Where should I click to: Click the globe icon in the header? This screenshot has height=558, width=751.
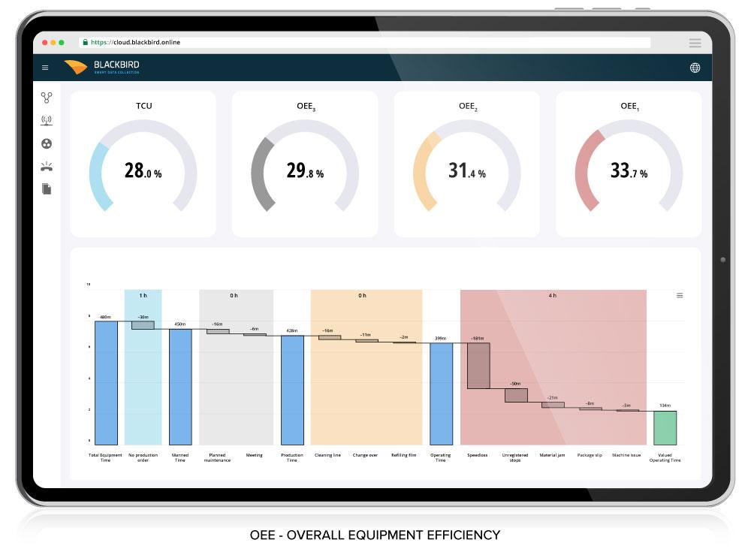tap(695, 68)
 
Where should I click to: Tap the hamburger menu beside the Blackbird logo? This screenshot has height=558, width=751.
tap(45, 68)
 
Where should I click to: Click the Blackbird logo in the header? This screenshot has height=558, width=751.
tap(102, 67)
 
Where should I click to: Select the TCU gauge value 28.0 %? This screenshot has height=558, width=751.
tap(143, 171)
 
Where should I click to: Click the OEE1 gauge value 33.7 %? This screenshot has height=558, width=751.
tap(629, 171)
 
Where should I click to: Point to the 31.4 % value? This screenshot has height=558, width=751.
tap(466, 171)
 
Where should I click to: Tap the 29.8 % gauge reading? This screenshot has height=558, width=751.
tap(305, 171)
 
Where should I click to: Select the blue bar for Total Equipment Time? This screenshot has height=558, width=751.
tap(106, 382)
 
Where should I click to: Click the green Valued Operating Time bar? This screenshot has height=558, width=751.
tap(665, 427)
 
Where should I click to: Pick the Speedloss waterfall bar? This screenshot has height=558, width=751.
tap(478, 366)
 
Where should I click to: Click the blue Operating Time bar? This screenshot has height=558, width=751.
tap(441, 394)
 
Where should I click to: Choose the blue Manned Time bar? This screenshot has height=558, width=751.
tap(180, 386)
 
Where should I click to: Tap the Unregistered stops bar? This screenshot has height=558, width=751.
tap(516, 395)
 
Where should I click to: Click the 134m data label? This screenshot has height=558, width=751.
tap(665, 406)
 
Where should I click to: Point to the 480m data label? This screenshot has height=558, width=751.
tap(106, 317)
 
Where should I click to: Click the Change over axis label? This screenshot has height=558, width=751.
tap(366, 455)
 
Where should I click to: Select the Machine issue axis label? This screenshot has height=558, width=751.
tap(626, 455)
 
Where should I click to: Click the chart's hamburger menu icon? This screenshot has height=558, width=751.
tap(680, 296)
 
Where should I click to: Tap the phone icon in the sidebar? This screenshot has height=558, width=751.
tap(47, 166)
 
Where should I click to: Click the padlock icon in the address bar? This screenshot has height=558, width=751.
tap(85, 43)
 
